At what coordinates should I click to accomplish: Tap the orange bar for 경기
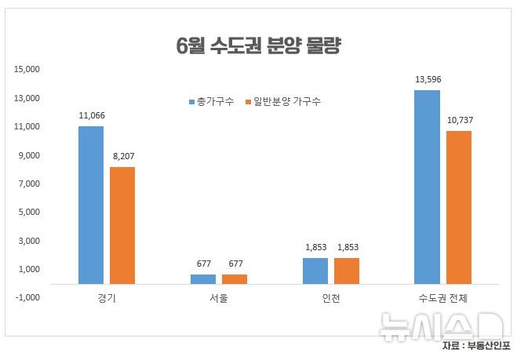[122, 224]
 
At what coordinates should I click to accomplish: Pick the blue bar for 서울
[202, 278]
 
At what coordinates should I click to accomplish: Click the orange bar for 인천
[346, 270]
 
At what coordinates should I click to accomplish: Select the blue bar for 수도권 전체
[427, 186]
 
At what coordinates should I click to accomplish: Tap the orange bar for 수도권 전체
[459, 206]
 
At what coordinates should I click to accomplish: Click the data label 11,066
[92, 116]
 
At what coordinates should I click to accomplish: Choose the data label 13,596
[428, 79]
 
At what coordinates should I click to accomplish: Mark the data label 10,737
[459, 120]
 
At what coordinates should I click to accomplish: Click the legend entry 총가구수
[210, 102]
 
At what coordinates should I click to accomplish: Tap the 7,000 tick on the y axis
[28, 184]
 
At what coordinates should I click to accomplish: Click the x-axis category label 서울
[219, 299]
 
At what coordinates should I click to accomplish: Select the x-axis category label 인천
[330, 299]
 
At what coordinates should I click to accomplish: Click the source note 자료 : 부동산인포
[475, 346]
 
